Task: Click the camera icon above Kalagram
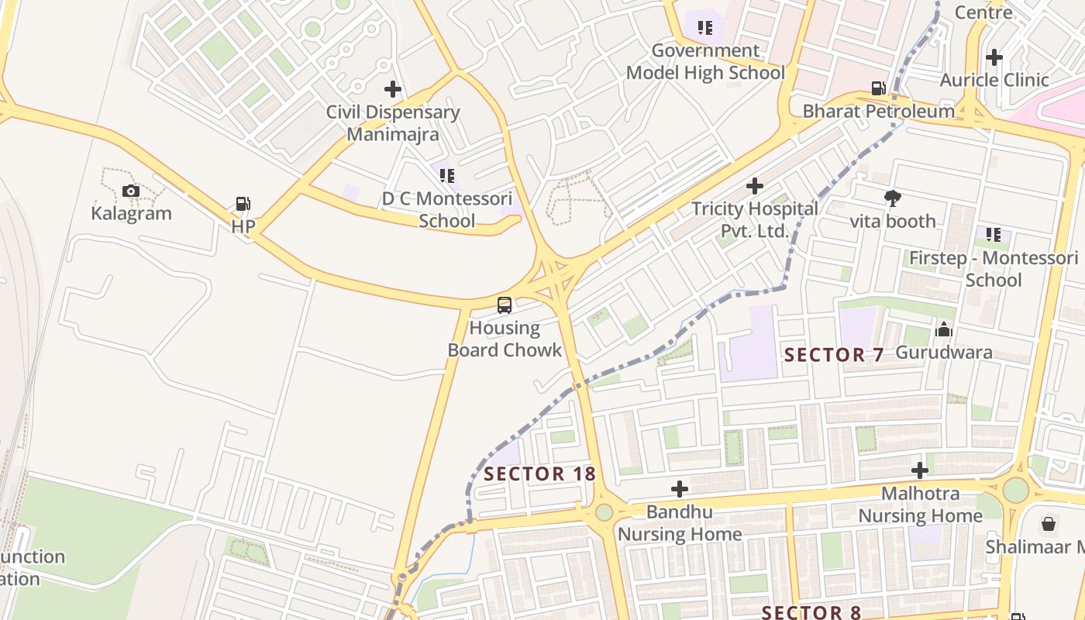click(131, 191)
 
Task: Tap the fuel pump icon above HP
click(243, 204)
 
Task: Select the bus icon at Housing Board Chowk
click(505, 305)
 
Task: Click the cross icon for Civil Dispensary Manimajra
click(393, 89)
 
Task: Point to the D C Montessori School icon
click(446, 176)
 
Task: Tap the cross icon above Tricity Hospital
click(754, 186)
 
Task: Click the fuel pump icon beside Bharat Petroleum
click(878, 88)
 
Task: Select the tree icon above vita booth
click(893, 198)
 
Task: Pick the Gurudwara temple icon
click(943, 329)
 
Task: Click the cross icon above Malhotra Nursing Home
click(920, 470)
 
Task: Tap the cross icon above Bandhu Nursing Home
click(680, 489)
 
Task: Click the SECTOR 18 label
click(539, 474)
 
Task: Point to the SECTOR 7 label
click(834, 355)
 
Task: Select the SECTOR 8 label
click(811, 612)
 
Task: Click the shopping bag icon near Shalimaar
click(1048, 524)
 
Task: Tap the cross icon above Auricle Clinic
click(994, 57)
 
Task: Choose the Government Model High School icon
click(704, 28)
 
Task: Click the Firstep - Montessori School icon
click(993, 234)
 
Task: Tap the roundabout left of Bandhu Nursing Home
click(604, 512)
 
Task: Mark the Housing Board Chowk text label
click(505, 339)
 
